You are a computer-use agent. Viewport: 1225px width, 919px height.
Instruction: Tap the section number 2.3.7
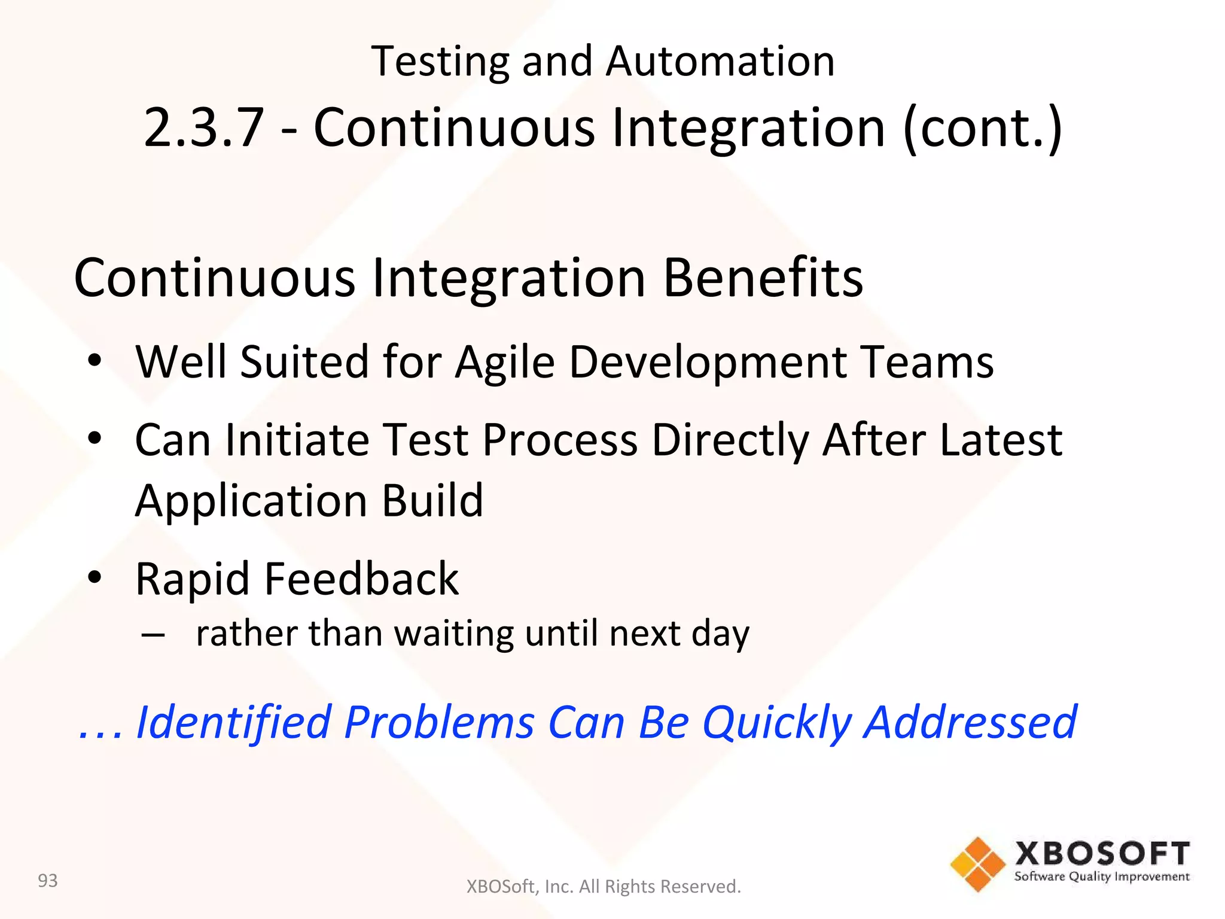click(204, 127)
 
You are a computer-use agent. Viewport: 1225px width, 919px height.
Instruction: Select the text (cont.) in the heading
click(982, 127)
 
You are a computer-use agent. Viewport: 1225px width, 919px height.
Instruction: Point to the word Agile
click(504, 363)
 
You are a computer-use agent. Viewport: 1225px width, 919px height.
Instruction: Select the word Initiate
click(297, 440)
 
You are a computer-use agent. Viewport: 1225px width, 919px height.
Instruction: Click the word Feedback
click(361, 579)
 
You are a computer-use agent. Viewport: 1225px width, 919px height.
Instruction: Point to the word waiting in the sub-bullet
click(453, 634)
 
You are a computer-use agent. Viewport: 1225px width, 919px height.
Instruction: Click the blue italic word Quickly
click(776, 723)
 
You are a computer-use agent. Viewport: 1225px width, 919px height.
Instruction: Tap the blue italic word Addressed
click(970, 722)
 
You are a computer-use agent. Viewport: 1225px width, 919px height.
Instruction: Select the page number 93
click(48, 881)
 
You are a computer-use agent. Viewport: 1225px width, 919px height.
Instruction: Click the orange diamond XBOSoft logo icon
click(977, 864)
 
